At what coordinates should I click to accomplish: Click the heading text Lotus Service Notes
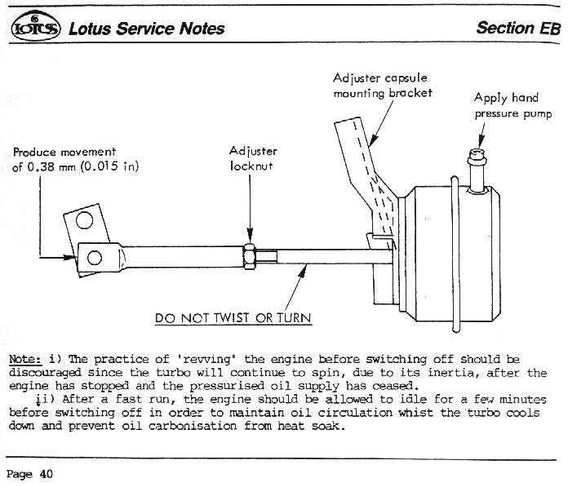146,28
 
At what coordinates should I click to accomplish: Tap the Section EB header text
518,27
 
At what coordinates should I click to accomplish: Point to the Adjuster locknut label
253,158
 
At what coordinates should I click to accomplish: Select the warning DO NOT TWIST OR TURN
233,317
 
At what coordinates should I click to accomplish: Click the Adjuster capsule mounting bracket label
382,86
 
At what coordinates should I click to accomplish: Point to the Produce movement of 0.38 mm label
76,160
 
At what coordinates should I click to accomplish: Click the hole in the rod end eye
93,258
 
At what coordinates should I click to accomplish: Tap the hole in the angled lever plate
85,220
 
